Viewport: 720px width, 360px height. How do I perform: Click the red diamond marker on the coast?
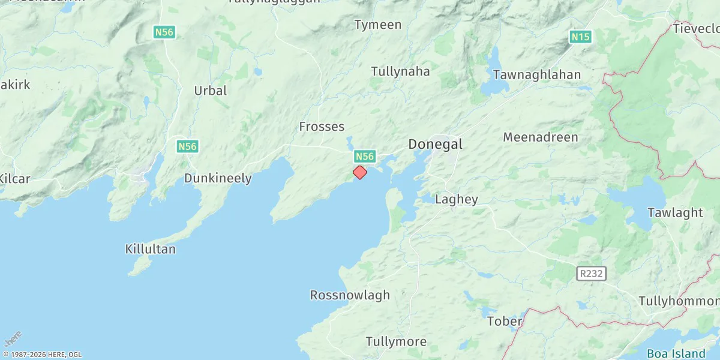pos(359,172)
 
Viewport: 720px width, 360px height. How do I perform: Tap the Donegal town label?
pos(435,144)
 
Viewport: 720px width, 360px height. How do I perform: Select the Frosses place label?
pos(322,127)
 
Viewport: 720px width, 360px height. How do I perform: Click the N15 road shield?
pos(580,37)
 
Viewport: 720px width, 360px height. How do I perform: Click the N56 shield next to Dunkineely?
pos(188,146)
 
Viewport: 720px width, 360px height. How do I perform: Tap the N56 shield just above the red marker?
pos(364,157)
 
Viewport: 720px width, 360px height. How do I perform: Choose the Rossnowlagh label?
pos(350,295)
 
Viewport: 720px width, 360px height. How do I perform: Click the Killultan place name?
pos(151,248)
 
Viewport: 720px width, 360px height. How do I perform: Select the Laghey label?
pos(456,200)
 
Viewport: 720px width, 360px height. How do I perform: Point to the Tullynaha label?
pos(400,71)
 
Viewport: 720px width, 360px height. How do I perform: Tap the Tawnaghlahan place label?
pos(536,75)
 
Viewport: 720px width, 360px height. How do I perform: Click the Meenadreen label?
pos(541,137)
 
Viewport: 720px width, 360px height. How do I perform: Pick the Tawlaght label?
pos(675,212)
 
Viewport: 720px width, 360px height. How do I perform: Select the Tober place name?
pos(505,321)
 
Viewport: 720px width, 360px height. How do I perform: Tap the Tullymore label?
pos(396,342)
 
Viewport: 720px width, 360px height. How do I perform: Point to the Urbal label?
pos(211,91)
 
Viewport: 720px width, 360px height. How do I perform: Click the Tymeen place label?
pos(377,25)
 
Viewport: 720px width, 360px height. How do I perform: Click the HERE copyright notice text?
pos(42,355)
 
